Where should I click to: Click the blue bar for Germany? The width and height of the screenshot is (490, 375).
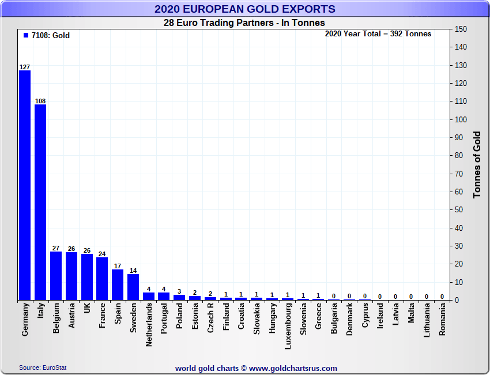pos(25,185)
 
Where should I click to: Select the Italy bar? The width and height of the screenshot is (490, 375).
pos(40,202)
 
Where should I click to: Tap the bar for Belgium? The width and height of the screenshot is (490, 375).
pos(56,276)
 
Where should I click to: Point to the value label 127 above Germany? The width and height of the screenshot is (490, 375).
pos(25,67)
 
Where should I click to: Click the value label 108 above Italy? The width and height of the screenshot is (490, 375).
pos(40,101)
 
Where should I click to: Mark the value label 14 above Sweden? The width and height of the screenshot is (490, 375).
pos(133,271)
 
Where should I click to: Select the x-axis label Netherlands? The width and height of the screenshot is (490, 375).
pos(149,325)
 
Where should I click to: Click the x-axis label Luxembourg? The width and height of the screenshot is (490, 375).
pos(288,326)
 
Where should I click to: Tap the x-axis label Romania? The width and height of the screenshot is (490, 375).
pos(442,322)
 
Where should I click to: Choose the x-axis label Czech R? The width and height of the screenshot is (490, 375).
pos(210,318)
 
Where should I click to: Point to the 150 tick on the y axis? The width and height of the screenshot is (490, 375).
pos(461,29)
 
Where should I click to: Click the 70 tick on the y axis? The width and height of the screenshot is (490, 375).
pos(459,174)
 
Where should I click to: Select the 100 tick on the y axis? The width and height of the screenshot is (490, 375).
pos(461,119)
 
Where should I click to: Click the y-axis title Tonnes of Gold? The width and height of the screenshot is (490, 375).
pos(477,164)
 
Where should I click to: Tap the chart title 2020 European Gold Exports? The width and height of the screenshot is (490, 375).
pos(244,9)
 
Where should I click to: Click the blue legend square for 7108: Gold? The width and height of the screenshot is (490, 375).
pos(26,35)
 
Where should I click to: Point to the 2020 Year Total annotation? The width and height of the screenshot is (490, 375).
pos(378,34)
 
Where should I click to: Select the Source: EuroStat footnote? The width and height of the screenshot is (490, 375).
pos(43,367)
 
